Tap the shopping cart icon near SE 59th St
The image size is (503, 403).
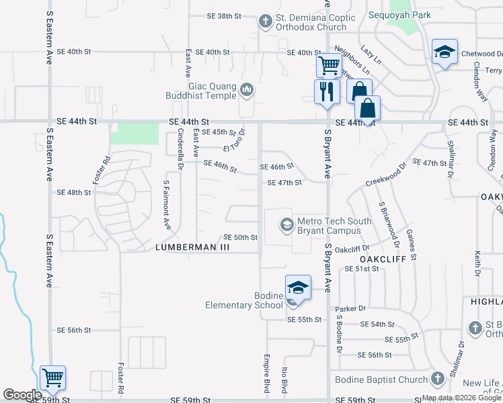click(52, 378)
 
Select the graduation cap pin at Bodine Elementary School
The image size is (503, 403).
click(298, 288)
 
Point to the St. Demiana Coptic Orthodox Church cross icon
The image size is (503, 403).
click(266, 21)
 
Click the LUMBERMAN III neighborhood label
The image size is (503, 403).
click(192, 247)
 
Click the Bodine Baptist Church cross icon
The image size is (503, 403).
click(438, 379)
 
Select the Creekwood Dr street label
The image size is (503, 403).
click(386, 174)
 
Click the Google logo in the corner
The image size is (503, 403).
click(22, 395)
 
